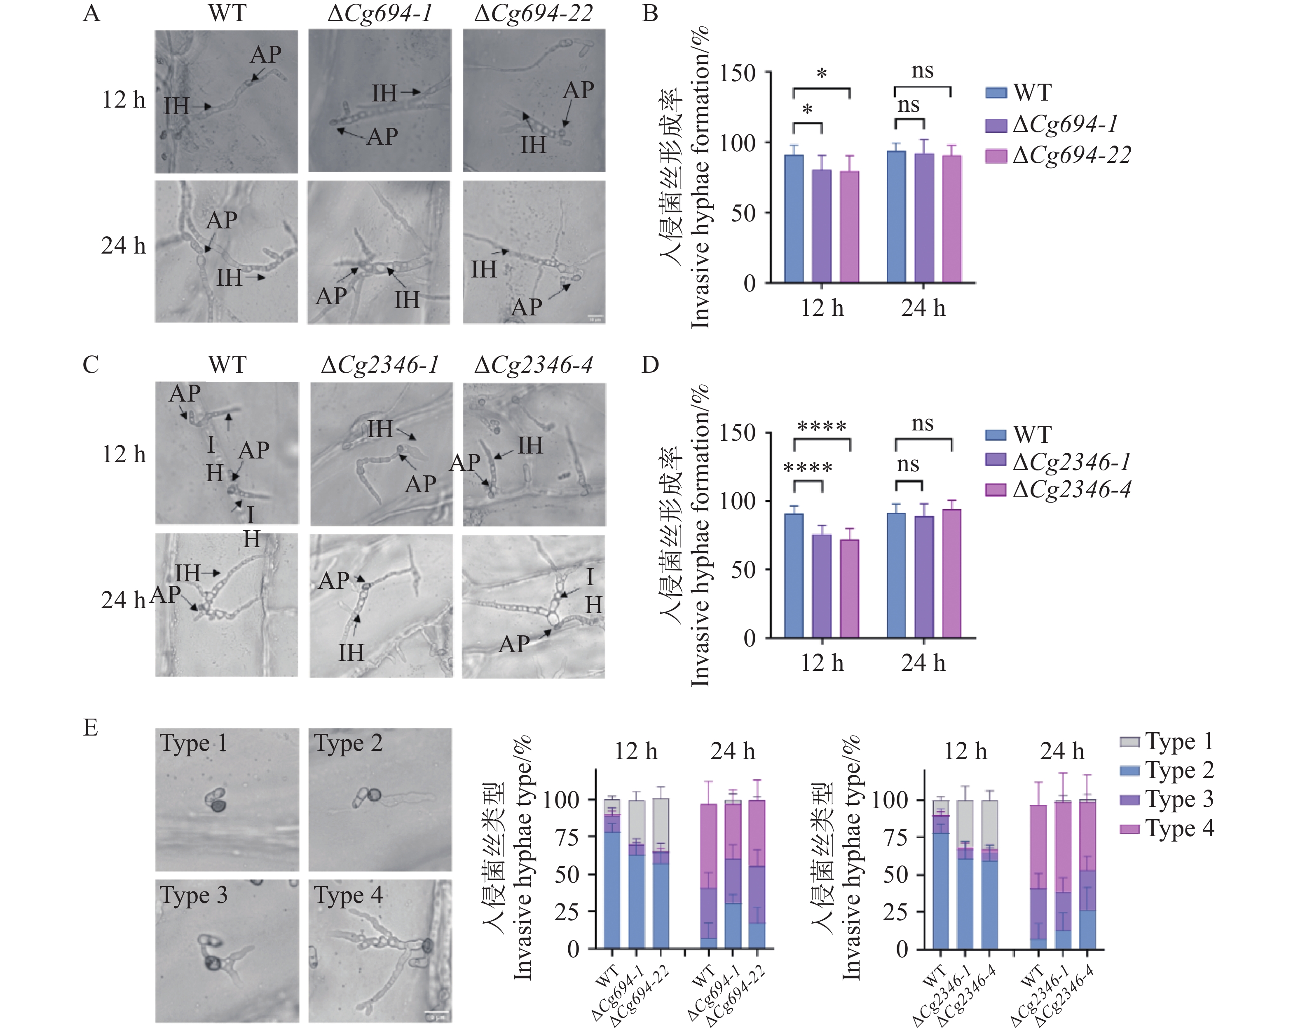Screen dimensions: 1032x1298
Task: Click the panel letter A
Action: click(x=91, y=13)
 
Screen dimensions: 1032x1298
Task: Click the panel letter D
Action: click(x=650, y=364)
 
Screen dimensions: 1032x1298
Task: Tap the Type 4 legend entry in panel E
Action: click(x=1167, y=828)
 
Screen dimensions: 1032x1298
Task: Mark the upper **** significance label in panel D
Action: click(x=822, y=427)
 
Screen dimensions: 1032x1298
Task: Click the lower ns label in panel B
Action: click(x=909, y=106)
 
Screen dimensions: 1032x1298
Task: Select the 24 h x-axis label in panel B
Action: click(x=923, y=308)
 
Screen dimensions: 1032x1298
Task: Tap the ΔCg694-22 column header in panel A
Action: click(x=533, y=13)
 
